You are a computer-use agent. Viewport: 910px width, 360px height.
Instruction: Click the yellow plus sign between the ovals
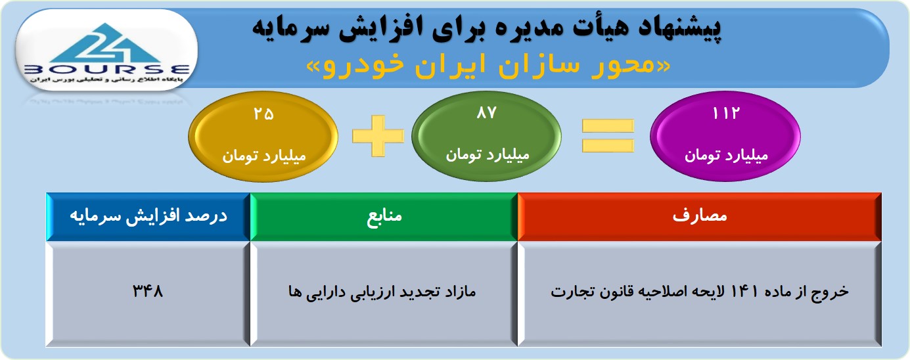(x=378, y=136)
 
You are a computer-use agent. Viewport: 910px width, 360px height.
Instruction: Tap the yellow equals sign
(x=608, y=136)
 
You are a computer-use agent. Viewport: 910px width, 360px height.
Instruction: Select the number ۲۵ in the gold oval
(x=263, y=114)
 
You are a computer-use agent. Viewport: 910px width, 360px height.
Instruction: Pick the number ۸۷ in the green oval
(x=486, y=112)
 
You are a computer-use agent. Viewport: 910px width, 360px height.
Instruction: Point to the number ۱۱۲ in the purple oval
(x=725, y=113)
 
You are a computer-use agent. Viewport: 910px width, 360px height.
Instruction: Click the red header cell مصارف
(x=700, y=217)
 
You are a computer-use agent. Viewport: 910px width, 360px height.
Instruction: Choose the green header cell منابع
(x=384, y=217)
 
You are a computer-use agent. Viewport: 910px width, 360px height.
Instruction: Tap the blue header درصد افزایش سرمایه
(x=148, y=217)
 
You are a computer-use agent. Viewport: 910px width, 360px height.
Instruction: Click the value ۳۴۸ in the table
(x=147, y=291)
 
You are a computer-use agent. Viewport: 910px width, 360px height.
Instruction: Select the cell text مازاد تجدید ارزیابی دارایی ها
(x=382, y=292)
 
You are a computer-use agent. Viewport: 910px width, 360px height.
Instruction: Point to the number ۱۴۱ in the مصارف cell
(x=744, y=291)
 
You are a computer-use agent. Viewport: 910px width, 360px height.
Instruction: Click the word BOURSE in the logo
(x=106, y=69)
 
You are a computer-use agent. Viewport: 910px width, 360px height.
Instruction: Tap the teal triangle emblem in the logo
(x=106, y=43)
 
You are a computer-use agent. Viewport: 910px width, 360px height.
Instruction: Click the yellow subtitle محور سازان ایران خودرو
(x=488, y=66)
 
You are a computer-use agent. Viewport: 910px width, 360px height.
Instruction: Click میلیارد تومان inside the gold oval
(x=264, y=156)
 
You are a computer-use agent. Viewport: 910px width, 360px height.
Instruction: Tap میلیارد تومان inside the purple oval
(x=727, y=155)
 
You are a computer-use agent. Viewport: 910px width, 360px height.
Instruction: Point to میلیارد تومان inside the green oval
(x=488, y=154)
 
